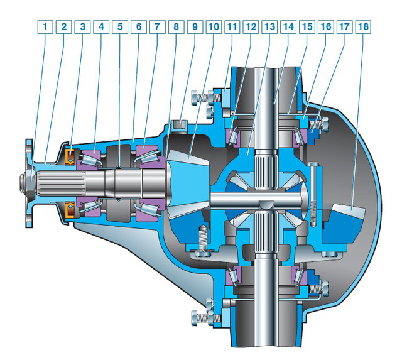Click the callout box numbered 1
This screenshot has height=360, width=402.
[x=45, y=26]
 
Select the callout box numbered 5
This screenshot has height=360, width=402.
[x=120, y=26]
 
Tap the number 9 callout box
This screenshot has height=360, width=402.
[x=195, y=26]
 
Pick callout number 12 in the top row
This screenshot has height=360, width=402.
[x=251, y=26]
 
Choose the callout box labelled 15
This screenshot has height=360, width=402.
[x=307, y=26]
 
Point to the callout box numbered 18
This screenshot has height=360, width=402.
[x=363, y=26]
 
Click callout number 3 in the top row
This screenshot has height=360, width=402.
[x=82, y=26]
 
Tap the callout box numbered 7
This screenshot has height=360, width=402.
[x=158, y=26]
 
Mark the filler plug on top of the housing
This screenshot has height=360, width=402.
[x=180, y=124]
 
